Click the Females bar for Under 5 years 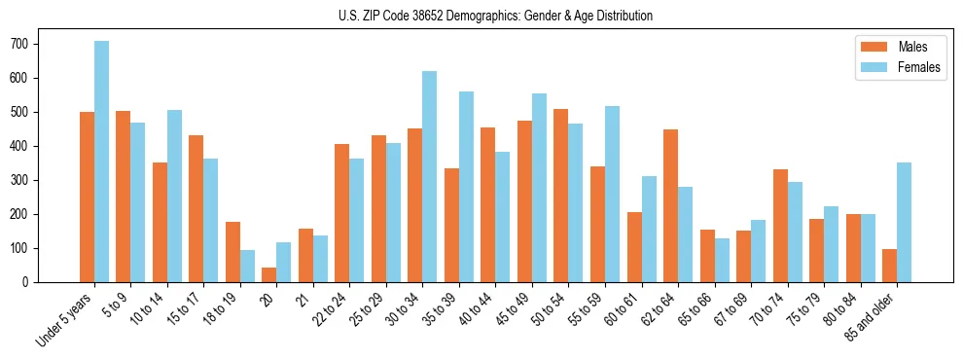click(101, 162)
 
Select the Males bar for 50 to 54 click(561, 196)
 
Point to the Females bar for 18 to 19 click(248, 266)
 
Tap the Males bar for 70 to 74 click(780, 226)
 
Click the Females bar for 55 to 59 click(612, 195)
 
